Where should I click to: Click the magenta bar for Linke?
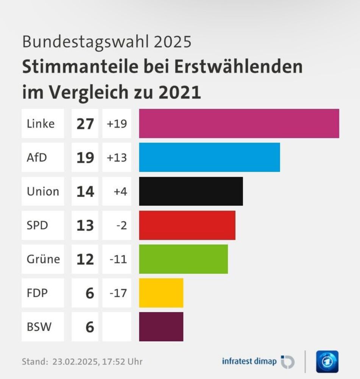coord(239,124)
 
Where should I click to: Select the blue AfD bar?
coord(209,157)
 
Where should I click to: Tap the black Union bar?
coord(191,191)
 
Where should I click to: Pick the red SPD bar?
coord(187,225)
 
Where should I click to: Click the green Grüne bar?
coord(183,259)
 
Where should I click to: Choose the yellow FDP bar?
coord(161,293)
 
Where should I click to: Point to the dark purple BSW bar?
coord(161,327)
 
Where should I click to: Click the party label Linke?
coord(41,124)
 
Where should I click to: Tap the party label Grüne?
coord(43,259)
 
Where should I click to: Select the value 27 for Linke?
coord(85,124)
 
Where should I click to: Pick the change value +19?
coord(117,124)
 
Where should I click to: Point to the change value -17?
coord(118,293)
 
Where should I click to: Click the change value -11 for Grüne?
coord(118,259)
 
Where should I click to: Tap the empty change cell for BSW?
coord(117,327)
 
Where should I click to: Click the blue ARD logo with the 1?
coord(327,362)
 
